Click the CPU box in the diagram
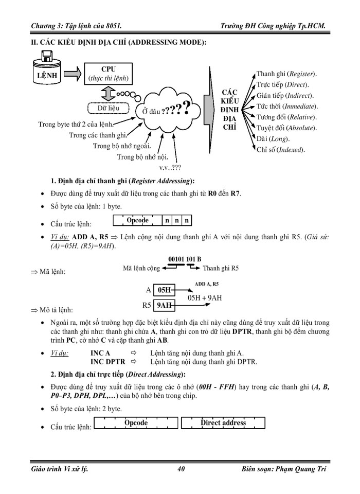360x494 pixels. coord(109,74)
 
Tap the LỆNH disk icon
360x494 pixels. coord(46,73)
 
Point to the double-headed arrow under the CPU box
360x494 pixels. coord(108,94)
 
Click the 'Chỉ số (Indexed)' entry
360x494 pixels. coord(280,150)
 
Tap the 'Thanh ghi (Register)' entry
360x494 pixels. coord(286,74)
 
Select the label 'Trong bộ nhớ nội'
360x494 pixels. coord(142,157)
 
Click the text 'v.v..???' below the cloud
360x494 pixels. coord(170,167)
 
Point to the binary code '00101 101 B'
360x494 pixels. coord(185,259)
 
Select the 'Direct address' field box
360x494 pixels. coord(223,423)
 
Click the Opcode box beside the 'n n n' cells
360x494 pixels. coord(137,221)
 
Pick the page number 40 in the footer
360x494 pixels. coord(181,469)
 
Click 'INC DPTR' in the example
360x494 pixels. coord(108,362)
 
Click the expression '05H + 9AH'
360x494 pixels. coord(205,297)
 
